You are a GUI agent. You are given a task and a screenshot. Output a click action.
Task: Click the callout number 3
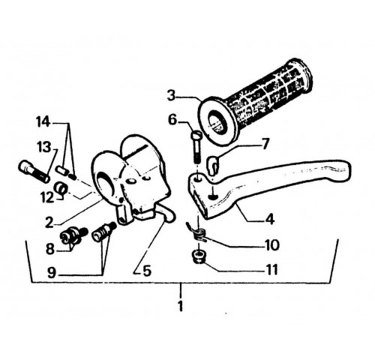coord(172,96)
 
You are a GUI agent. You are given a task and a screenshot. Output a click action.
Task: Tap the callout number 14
coord(43,122)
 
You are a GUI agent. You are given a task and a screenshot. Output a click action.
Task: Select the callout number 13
coord(44,147)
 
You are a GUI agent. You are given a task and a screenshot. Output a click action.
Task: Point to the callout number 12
coord(47,197)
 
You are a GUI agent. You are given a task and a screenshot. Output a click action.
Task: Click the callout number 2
coord(49,222)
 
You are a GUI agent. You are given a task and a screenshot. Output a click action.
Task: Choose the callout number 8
coord(50,248)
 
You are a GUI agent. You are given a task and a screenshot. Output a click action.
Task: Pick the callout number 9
coord(52,272)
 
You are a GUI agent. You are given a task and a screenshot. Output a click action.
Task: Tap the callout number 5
coord(147,271)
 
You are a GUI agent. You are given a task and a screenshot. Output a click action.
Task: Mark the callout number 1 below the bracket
coord(181,306)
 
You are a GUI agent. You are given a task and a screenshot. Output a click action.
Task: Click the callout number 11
coord(271,270)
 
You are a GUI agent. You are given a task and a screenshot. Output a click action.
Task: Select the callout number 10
coord(272,245)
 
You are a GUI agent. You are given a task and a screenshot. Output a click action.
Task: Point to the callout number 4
coord(270,219)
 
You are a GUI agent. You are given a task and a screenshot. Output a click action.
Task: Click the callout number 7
coord(265,144)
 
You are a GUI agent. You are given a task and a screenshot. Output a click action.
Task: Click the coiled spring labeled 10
coord(199,233)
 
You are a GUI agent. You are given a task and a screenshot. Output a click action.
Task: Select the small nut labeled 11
coord(198,257)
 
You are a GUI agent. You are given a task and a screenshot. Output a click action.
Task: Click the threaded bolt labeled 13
coord(34,172)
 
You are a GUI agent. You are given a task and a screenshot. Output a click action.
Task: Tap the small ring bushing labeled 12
coord(61,188)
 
